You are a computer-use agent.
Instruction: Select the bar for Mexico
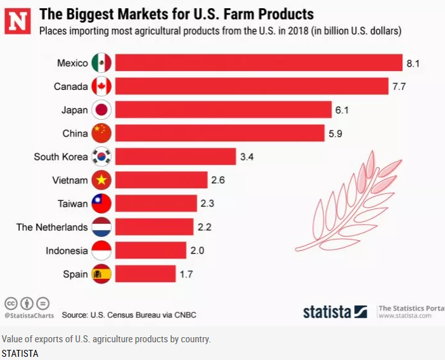click(x=259, y=63)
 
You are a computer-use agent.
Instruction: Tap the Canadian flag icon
click(x=101, y=86)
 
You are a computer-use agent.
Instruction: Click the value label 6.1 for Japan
click(x=342, y=110)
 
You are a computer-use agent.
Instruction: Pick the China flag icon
click(x=101, y=133)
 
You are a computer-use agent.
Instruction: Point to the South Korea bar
click(x=176, y=157)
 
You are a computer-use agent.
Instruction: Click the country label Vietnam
click(x=70, y=181)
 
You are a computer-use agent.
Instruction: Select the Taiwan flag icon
click(x=101, y=203)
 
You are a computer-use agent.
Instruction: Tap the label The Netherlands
click(x=52, y=227)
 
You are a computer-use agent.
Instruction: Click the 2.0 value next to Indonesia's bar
click(x=197, y=250)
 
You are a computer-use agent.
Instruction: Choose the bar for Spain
click(x=145, y=274)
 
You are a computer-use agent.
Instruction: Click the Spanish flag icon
click(x=101, y=274)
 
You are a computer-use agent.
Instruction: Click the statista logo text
click(x=326, y=312)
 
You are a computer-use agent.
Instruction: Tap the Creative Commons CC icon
click(x=11, y=303)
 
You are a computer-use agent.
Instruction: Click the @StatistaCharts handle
click(x=29, y=315)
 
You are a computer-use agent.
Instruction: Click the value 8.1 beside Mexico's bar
click(x=413, y=63)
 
